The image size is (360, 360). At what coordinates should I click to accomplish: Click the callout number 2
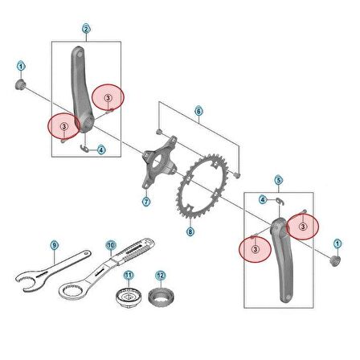tap(86, 30)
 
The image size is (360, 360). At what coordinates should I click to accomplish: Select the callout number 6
tap(198, 110)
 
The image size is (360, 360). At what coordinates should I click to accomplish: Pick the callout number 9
tap(54, 243)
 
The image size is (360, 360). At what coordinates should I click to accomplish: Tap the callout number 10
tap(110, 243)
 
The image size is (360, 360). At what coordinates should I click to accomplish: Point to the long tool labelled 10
tap(121, 263)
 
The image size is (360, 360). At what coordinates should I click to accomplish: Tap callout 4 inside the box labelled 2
tap(101, 149)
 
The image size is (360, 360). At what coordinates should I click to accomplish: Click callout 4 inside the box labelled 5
tap(263, 198)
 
